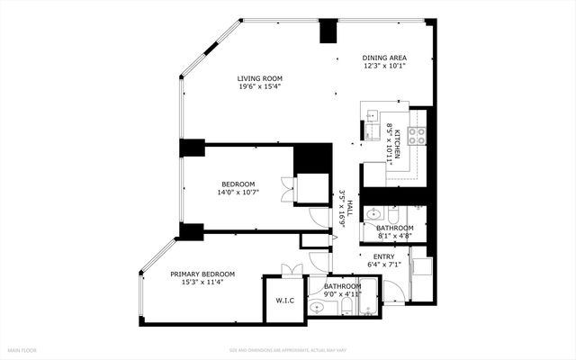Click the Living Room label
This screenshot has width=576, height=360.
[260, 78]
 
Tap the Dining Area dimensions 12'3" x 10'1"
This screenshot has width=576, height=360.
[385, 66]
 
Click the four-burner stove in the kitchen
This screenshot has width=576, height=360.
[417, 136]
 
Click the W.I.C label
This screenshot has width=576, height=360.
[285, 301]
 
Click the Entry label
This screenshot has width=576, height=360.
[384, 256]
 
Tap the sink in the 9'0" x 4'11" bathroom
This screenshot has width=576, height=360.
[315, 308]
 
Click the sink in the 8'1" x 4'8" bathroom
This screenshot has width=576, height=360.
[375, 215]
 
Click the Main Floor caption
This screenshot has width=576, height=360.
[22, 349]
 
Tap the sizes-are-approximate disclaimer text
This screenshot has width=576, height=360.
[287, 350]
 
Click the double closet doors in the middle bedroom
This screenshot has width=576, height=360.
[286, 189]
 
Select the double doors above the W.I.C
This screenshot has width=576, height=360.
[289, 269]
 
